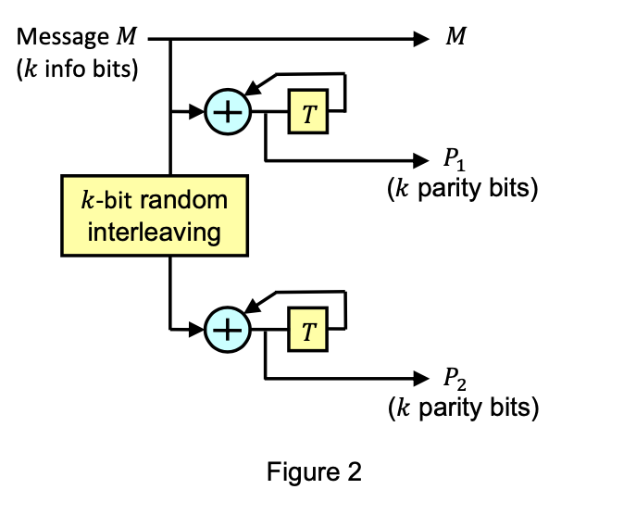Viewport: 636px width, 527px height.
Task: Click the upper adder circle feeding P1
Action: (225, 112)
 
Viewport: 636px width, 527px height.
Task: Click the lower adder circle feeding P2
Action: (225, 328)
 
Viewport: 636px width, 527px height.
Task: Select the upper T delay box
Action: (307, 112)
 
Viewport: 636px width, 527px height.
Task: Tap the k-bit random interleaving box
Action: (155, 214)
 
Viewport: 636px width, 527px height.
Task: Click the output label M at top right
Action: (455, 39)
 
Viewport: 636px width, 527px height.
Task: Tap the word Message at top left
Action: (63, 38)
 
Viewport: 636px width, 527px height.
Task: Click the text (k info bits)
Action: (78, 69)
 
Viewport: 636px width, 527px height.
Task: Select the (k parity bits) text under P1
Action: (462, 190)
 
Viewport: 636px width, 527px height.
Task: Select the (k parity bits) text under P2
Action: (462, 407)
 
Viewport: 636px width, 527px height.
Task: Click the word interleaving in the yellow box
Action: (155, 231)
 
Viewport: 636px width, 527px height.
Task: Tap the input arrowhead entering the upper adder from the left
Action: (196, 112)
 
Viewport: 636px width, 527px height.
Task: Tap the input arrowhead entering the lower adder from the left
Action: (196, 328)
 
